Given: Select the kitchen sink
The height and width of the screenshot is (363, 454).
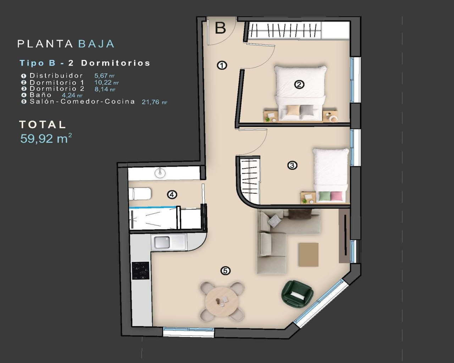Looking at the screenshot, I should (162, 243).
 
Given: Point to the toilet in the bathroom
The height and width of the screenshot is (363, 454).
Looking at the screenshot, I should (141, 194).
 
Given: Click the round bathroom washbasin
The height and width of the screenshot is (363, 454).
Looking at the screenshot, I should (160, 173).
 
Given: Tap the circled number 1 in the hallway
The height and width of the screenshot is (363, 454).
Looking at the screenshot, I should (222, 65).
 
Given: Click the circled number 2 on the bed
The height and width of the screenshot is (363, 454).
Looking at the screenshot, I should (300, 84).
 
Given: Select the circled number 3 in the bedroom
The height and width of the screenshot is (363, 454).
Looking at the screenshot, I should (292, 165).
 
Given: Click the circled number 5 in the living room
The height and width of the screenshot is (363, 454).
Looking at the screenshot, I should (225, 271).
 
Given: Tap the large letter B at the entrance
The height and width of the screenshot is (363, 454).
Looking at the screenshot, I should (220, 28).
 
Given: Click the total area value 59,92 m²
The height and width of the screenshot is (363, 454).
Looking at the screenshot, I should (46, 138).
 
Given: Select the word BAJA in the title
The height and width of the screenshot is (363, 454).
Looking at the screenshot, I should (96, 44).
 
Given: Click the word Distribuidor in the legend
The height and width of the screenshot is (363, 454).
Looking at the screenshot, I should (56, 76).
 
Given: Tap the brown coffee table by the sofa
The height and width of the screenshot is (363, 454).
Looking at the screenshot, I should (309, 254).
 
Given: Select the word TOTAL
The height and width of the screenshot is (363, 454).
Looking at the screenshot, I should (43, 124).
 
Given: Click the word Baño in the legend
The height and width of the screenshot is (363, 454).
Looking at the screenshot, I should (41, 95).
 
